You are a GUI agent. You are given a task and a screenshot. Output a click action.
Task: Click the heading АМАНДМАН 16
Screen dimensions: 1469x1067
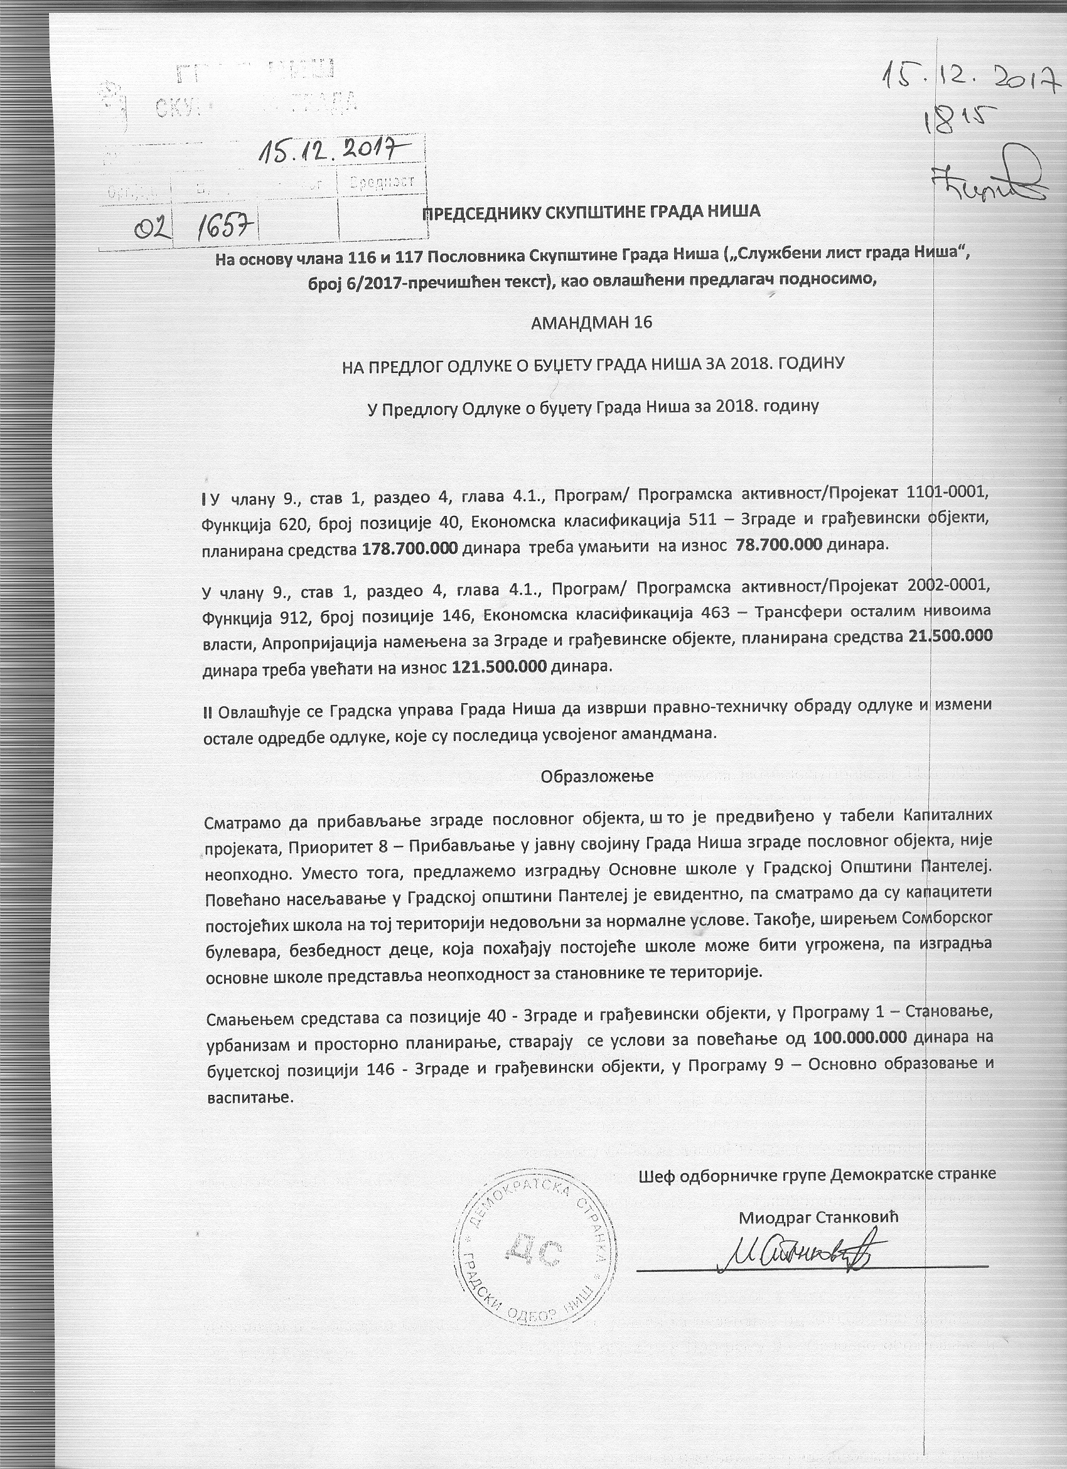pos(591,323)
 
